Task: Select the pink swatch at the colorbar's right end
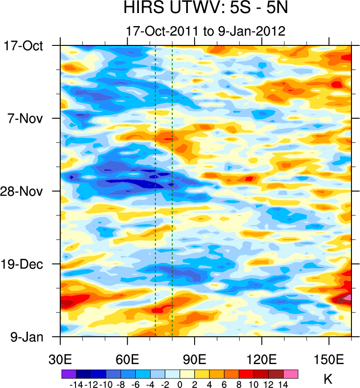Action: (x=291, y=374)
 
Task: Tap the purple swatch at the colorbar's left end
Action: (x=69, y=374)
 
